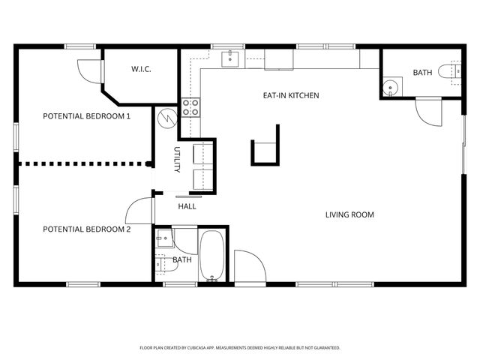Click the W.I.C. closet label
tap(141, 69)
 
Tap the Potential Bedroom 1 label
tap(86, 116)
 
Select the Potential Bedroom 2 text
tap(86, 229)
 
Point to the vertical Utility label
tap(178, 160)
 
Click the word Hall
tap(187, 205)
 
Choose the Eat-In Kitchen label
tap(290, 95)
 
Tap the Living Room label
tap(349, 215)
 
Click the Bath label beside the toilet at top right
tap(422, 73)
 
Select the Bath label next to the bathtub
tap(182, 259)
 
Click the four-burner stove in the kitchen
tap(191, 107)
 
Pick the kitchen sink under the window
tap(229, 58)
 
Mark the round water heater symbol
tap(166, 118)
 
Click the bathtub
tap(212, 256)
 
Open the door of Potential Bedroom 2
tap(139, 211)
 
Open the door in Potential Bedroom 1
tap(89, 70)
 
